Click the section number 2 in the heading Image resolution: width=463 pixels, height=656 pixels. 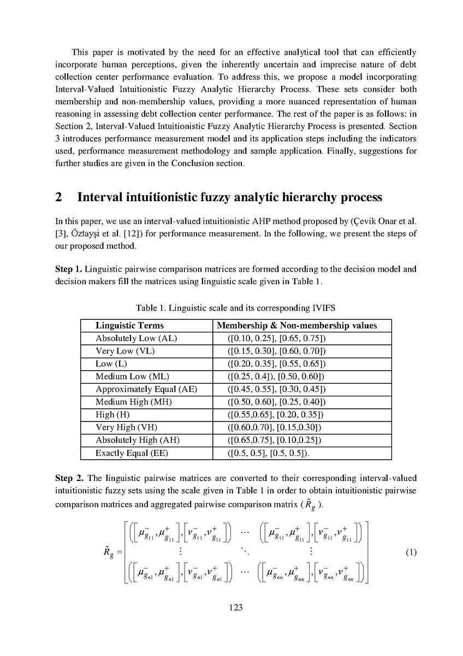coord(59,197)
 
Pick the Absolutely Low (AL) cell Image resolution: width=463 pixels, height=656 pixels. coord(136,338)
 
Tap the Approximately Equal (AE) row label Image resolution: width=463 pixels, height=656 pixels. coord(146,389)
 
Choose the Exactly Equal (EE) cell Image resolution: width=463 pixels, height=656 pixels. coord(134,453)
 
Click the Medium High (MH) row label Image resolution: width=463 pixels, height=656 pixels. coord(134,402)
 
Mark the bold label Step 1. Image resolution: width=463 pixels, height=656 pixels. coord(69,269)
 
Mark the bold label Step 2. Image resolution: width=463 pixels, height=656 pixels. coord(69,478)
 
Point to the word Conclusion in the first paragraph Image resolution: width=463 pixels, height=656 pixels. coord(203,163)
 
